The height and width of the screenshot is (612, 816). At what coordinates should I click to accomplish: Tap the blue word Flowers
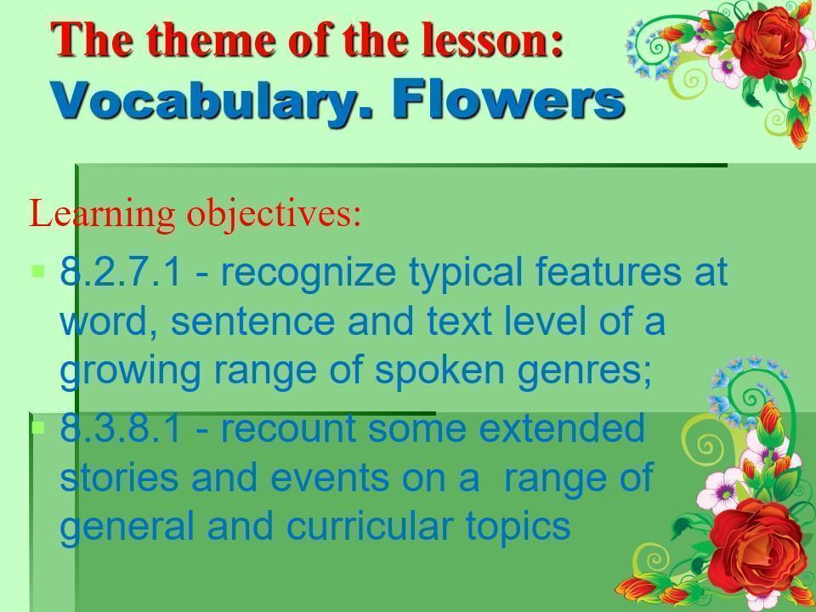tap(508, 98)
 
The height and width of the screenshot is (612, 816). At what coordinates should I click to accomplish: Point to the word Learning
tap(103, 214)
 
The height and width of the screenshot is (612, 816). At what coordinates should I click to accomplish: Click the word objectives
tap(274, 214)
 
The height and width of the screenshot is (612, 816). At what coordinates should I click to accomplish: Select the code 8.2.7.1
tap(122, 271)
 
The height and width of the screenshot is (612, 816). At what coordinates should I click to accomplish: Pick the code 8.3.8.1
tap(122, 428)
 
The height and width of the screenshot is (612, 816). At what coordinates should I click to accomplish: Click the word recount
tap(290, 428)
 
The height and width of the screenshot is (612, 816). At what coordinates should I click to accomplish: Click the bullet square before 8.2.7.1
tap(38, 271)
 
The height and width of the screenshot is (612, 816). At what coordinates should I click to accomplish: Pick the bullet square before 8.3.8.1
tap(38, 428)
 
